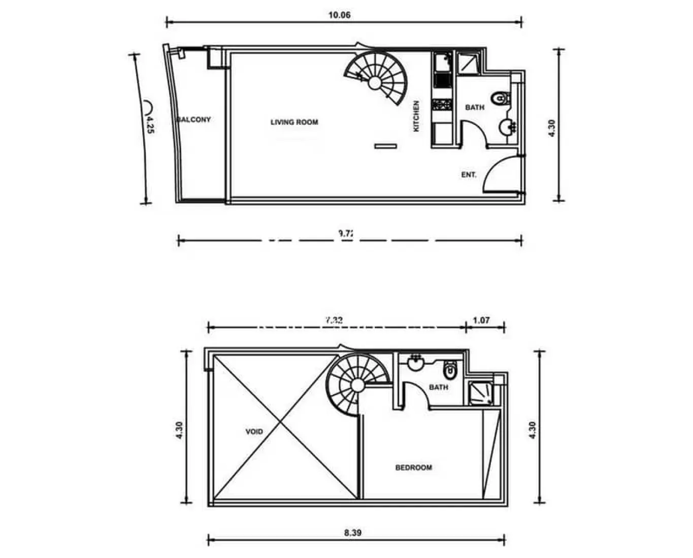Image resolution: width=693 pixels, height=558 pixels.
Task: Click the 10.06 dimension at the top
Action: [x=339, y=15]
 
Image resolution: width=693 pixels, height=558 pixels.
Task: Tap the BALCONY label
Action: [x=194, y=120]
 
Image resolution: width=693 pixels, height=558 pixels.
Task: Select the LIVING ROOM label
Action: [x=294, y=122]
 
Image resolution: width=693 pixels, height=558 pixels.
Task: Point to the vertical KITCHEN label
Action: [x=416, y=116]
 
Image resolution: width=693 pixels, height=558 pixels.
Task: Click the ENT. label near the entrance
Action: [x=469, y=175]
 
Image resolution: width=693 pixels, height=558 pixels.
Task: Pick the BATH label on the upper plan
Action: [x=475, y=108]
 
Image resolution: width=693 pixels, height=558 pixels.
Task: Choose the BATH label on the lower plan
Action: [x=439, y=387]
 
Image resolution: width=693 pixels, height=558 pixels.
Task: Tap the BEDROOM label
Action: [x=414, y=468]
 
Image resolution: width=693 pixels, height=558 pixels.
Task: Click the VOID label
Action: [x=254, y=432]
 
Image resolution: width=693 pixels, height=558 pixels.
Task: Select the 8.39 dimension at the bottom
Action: [x=353, y=533]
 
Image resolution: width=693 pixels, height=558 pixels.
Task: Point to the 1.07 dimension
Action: [x=481, y=320]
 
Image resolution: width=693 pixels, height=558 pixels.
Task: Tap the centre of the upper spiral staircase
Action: [x=376, y=82]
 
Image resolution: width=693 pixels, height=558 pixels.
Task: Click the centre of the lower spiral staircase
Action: [x=357, y=385]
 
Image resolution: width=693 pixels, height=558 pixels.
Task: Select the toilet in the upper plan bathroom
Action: [x=501, y=98]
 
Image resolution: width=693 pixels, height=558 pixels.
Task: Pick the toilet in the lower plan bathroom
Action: [x=450, y=371]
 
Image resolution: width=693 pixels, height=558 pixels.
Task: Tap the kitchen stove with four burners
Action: [x=441, y=105]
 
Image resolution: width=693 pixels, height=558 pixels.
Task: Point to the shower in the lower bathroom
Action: [x=480, y=393]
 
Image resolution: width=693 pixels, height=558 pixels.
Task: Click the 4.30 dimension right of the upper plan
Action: [x=552, y=127]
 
